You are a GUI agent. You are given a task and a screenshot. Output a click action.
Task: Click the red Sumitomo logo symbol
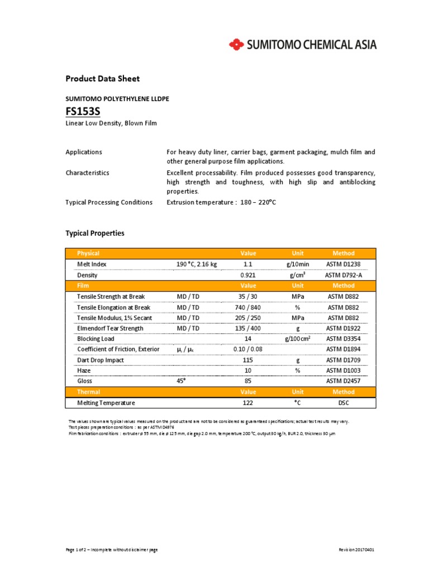coord(236,44)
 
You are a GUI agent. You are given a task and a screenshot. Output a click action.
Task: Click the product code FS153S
coord(83,111)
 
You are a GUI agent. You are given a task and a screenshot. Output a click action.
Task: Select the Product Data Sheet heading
coord(102,79)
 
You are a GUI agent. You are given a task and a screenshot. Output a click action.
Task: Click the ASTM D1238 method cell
coord(343,264)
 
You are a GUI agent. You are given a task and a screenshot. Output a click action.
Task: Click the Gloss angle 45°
coord(181,381)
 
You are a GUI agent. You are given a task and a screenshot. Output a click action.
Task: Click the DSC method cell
coord(343,402)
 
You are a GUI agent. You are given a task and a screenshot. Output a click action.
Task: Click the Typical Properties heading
coord(95,233)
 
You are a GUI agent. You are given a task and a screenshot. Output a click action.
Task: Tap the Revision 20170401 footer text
coord(356,550)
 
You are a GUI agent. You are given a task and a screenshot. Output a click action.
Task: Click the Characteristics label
coord(87,173)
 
